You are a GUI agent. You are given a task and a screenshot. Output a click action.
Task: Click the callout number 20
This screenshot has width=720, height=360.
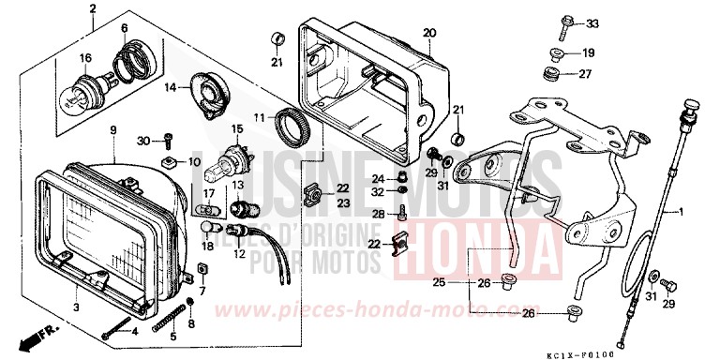429,33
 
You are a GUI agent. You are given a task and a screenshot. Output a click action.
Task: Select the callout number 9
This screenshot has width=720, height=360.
112,129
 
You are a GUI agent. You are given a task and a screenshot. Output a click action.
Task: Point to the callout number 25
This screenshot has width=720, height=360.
465,281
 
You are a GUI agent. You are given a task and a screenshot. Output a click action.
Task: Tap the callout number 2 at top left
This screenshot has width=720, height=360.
92,11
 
